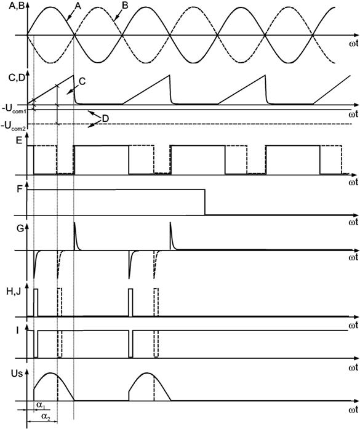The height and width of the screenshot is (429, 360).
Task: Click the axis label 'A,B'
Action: tap(17, 6)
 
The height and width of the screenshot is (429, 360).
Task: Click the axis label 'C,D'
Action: tap(17, 78)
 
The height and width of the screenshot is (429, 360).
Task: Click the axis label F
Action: tap(20, 190)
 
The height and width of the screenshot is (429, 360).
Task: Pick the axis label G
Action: tap(20, 228)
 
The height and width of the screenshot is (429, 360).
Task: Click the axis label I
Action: tap(17, 331)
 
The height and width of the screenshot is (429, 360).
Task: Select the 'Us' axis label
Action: tap(17, 374)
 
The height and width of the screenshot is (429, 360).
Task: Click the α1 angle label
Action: tap(40, 405)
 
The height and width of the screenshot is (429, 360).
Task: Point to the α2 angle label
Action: tap(45, 416)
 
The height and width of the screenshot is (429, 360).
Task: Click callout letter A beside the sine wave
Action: tap(78, 6)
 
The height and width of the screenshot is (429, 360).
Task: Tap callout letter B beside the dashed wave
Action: tap(125, 6)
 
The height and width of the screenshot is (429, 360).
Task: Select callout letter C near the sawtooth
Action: tap(82, 81)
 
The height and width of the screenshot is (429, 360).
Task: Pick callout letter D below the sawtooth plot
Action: tap(105, 119)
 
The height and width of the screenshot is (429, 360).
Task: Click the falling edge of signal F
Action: tap(205, 202)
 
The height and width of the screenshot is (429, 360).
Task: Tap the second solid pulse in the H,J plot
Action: tap(130, 303)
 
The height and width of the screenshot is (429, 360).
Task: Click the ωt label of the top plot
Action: tap(353, 44)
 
